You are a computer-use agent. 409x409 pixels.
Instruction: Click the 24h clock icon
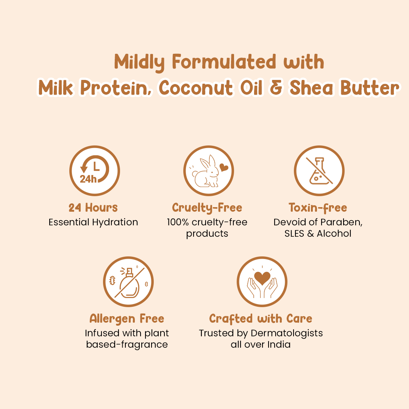click(94, 170)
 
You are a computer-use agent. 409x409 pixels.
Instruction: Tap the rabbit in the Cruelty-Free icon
click(206, 173)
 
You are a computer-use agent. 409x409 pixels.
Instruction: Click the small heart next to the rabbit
click(224, 167)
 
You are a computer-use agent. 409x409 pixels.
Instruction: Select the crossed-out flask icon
click(319, 170)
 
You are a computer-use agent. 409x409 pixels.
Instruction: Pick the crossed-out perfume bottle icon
click(128, 282)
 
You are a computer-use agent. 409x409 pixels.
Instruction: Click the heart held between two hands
click(262, 278)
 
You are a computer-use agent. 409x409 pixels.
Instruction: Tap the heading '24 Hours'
click(93, 208)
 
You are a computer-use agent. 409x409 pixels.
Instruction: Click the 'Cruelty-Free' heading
click(207, 208)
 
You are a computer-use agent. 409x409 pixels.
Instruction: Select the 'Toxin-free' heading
click(318, 208)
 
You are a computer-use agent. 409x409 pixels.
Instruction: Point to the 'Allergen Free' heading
click(127, 318)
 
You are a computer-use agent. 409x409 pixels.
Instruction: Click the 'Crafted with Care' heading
click(261, 318)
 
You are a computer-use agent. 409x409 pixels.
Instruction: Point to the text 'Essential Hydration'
click(93, 222)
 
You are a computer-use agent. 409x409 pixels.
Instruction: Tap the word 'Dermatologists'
click(287, 333)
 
